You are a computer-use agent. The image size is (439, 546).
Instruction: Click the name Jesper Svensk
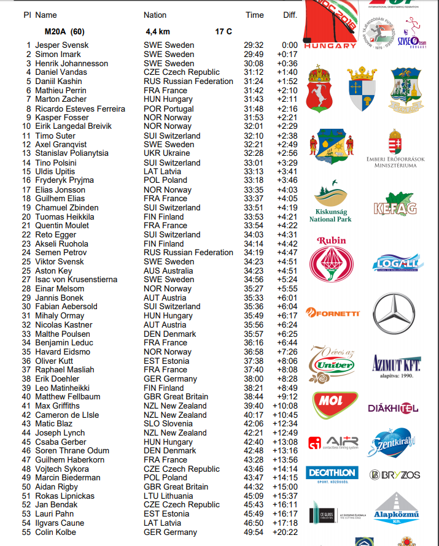tap(61, 45)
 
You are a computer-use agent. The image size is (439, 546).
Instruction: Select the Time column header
tap(254, 15)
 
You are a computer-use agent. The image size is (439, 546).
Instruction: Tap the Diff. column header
tap(290, 15)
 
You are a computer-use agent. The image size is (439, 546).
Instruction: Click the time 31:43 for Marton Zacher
tap(254, 99)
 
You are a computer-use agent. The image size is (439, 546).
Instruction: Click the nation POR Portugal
tap(168, 109)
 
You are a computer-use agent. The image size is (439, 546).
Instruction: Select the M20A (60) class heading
tap(64, 31)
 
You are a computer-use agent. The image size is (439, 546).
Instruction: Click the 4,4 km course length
tap(158, 31)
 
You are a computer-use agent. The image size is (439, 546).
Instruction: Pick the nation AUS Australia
tap(169, 271)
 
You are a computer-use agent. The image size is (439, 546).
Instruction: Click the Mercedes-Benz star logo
tap(394, 313)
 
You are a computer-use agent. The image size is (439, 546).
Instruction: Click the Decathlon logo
tap(332, 474)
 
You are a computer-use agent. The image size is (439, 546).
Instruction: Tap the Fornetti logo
tap(333, 313)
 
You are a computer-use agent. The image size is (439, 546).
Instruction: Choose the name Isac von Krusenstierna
tap(76, 280)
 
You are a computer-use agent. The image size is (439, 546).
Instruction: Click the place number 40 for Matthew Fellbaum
tap(26, 397)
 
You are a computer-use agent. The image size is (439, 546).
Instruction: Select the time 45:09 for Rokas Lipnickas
tap(254, 496)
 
